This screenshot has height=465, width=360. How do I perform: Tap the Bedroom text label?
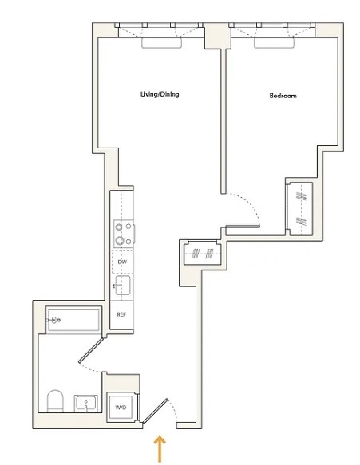pos(283,97)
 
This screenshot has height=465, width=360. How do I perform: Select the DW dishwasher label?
pos(122,262)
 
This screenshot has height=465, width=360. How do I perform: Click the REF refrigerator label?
pos(122,314)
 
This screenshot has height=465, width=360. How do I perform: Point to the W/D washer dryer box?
pos(121,407)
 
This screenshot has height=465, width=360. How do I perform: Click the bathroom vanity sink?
pos(87,404)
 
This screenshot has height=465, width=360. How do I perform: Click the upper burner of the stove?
pos(122,227)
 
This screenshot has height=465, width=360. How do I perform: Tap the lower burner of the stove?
pos(122,241)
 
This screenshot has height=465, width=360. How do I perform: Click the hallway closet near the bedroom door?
pos(201,254)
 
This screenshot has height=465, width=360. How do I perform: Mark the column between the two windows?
pos(215,37)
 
